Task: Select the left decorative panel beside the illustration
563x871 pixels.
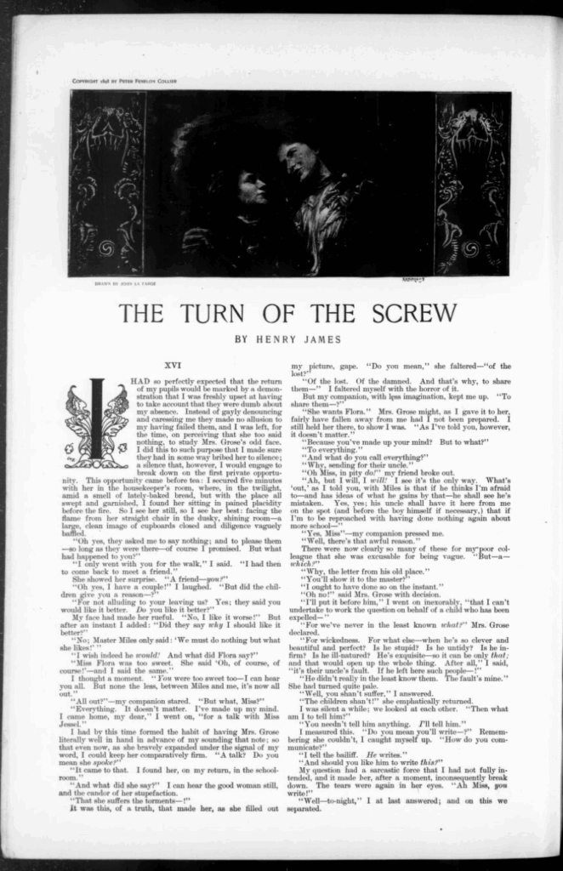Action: [x=106, y=183]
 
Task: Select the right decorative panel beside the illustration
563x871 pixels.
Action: [x=472, y=183]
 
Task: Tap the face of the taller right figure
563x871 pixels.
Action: [x=293, y=161]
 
